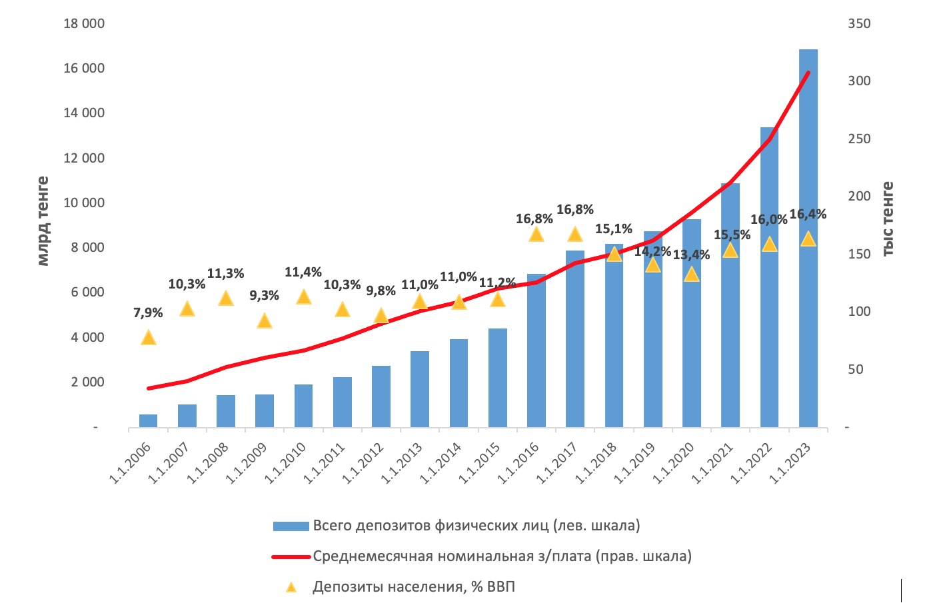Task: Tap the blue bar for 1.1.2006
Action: (x=149, y=420)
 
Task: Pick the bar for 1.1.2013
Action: (x=420, y=390)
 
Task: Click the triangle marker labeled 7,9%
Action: (x=149, y=337)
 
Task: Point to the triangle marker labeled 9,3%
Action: (x=265, y=321)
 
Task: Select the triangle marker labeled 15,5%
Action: (x=730, y=250)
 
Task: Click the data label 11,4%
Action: (x=303, y=273)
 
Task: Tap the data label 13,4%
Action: (x=691, y=255)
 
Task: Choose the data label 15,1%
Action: (x=614, y=229)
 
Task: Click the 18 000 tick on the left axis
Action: (x=84, y=24)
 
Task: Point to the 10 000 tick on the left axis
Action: (x=84, y=203)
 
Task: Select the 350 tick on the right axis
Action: (x=859, y=24)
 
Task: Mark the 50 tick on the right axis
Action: (x=855, y=369)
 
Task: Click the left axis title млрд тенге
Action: (x=43, y=221)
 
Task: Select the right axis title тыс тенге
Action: (x=888, y=219)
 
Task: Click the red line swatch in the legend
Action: (x=291, y=556)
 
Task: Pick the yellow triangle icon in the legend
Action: (x=291, y=587)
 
